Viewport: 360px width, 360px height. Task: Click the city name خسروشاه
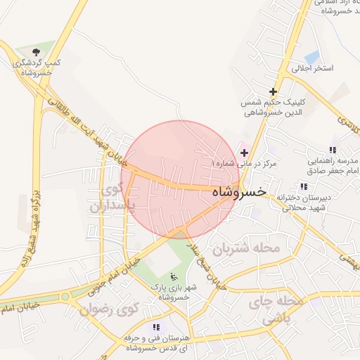(x=238, y=191)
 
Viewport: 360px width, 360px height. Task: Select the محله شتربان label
(x=247, y=248)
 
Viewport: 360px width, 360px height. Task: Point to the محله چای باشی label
(x=282, y=309)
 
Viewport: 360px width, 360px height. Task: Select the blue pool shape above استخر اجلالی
(x=312, y=56)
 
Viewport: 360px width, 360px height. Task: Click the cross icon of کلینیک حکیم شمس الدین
(x=273, y=91)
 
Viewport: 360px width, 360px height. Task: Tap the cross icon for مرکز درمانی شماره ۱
(x=244, y=153)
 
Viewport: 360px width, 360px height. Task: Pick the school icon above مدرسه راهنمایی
(x=333, y=150)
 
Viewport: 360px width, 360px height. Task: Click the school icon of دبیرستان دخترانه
(x=304, y=186)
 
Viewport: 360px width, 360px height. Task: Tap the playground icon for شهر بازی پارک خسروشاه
(x=174, y=276)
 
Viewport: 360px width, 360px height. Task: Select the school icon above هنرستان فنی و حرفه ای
(x=156, y=327)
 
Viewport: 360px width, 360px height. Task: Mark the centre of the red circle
(x=181, y=180)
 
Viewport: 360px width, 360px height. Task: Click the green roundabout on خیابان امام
(x=65, y=297)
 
